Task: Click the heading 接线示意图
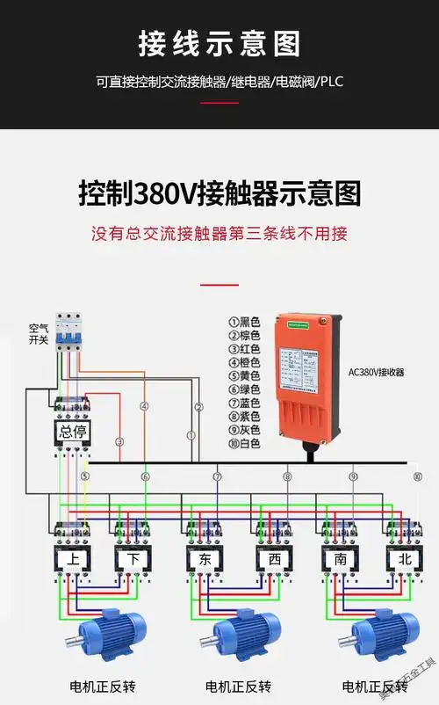coord(219,43)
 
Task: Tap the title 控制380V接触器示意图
coord(219,193)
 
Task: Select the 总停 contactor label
coord(73,432)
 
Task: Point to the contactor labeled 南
coord(338,559)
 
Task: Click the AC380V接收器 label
coord(377,373)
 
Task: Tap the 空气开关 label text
coord(40,333)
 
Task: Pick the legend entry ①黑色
coord(245,323)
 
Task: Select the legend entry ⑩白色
coord(245,443)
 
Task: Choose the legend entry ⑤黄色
coord(245,376)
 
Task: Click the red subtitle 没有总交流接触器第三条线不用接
coord(219,234)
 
